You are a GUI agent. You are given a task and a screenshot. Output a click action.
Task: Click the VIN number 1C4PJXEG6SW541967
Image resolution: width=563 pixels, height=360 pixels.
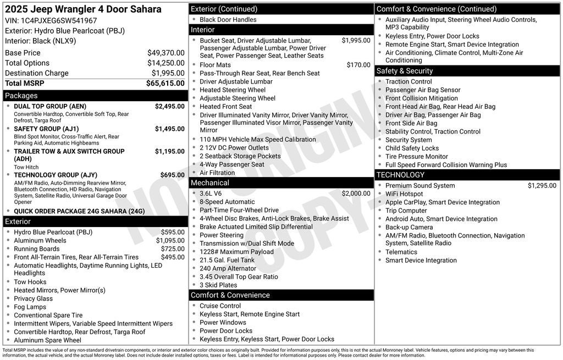[x=59, y=20]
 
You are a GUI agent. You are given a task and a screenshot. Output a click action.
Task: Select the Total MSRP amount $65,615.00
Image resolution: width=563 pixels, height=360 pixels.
[x=165, y=84]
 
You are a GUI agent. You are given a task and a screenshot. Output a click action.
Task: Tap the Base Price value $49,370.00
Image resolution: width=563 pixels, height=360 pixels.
[x=165, y=53]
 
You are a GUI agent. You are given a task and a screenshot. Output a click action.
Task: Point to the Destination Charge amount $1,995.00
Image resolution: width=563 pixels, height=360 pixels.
[x=168, y=73]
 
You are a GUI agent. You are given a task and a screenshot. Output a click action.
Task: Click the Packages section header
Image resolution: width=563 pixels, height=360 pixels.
[x=21, y=96]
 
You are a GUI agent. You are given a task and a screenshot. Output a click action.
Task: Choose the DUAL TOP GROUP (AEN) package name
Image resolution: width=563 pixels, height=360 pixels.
[x=50, y=106]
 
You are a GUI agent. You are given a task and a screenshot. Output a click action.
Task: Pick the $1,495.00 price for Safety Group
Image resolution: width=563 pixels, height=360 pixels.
[x=169, y=129]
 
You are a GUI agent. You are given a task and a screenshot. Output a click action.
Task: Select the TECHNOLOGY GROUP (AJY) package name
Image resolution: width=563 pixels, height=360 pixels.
[x=56, y=175]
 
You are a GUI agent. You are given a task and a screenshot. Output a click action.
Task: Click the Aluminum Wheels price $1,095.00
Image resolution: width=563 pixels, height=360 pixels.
[x=170, y=240]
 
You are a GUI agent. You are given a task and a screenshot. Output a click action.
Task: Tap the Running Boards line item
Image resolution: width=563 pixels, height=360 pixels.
[x=37, y=248]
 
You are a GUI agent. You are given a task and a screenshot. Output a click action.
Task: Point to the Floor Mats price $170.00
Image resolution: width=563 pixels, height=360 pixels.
[x=358, y=65]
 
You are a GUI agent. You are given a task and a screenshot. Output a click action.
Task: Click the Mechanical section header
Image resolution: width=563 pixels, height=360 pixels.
[x=210, y=182]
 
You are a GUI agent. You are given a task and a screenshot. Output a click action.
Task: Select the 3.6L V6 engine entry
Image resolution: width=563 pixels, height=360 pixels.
[x=211, y=193]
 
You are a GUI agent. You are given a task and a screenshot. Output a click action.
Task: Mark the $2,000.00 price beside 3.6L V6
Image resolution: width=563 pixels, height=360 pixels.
[x=356, y=193]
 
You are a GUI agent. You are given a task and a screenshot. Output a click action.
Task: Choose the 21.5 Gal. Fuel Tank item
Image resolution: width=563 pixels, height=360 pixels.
[x=227, y=260]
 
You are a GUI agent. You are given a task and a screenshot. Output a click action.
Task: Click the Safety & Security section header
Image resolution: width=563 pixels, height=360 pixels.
[x=405, y=71]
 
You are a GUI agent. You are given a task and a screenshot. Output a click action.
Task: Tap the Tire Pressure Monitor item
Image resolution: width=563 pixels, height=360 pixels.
[x=416, y=157]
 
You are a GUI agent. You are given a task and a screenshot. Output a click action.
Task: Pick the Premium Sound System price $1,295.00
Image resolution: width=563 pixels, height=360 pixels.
[x=542, y=186]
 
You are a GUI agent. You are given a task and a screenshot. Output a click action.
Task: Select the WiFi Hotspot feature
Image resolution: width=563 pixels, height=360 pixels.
[x=404, y=194]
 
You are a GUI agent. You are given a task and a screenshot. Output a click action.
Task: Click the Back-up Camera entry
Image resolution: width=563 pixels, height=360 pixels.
[x=409, y=227]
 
